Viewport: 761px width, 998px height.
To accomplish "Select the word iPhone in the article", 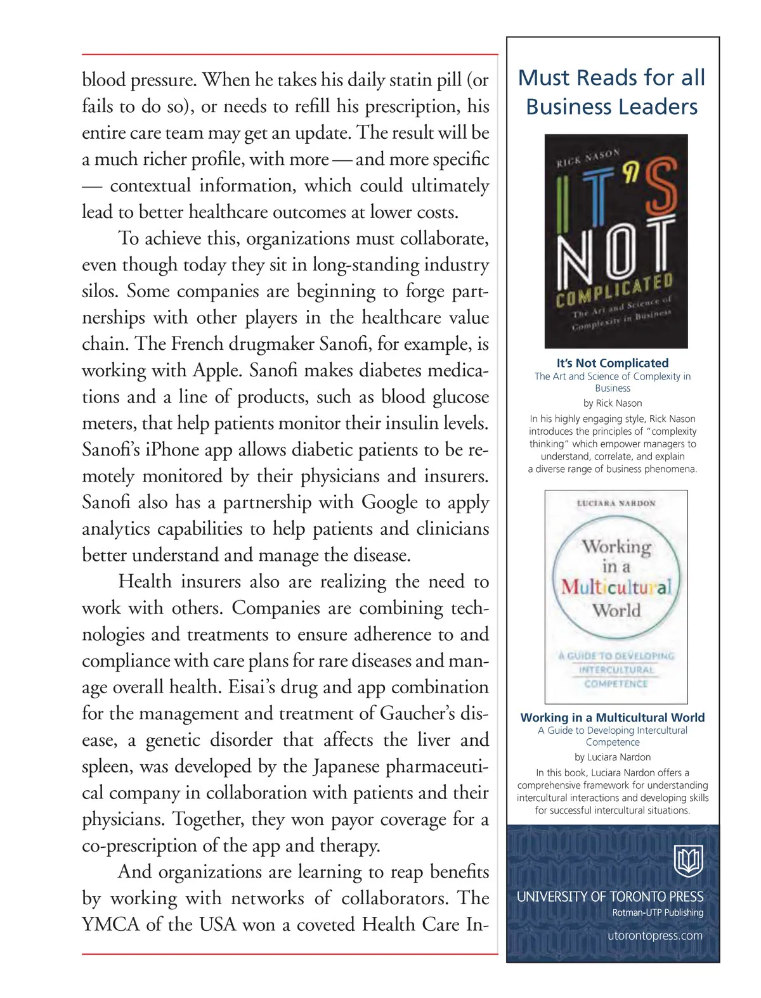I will [x=179, y=450].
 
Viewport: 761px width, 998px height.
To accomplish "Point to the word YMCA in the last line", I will [x=110, y=925].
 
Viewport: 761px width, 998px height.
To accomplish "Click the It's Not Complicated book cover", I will [x=616, y=241].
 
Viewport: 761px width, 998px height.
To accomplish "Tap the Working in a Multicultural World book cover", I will [x=616, y=596].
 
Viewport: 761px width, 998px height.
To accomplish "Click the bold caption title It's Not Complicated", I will [x=613, y=363].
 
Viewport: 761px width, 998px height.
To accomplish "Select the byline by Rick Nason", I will [x=613, y=403].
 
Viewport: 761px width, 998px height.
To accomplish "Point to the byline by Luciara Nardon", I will [x=613, y=757].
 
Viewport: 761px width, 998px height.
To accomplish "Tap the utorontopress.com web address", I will [x=654, y=936].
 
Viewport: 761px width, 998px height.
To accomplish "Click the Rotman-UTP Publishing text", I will [x=658, y=912].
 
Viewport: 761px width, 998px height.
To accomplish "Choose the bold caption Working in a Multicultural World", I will [x=613, y=717].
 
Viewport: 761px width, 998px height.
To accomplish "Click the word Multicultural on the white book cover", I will [x=616, y=587].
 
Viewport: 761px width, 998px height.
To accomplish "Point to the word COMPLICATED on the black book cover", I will [x=614, y=290].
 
